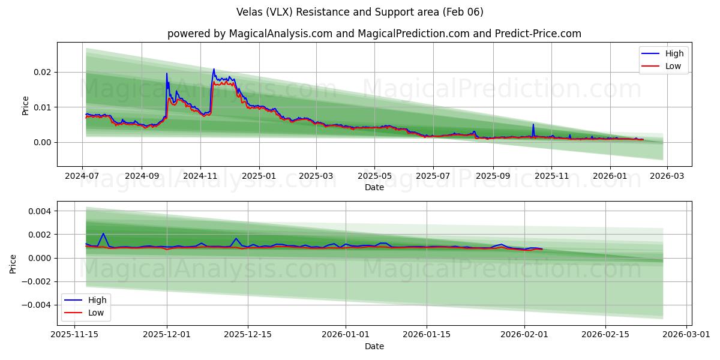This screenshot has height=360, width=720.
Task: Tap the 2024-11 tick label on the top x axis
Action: point(200,176)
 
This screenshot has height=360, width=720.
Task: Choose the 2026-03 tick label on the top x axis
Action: point(667,176)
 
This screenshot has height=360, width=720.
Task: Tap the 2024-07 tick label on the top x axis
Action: point(82,176)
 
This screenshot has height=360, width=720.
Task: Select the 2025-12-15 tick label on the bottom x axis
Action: point(248,335)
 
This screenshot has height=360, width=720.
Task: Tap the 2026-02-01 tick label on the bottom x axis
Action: point(525,335)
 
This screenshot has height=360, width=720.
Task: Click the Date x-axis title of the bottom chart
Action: point(374,346)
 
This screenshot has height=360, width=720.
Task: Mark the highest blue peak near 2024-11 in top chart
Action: point(214,69)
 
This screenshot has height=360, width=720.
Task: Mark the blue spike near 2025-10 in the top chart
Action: point(533,125)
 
